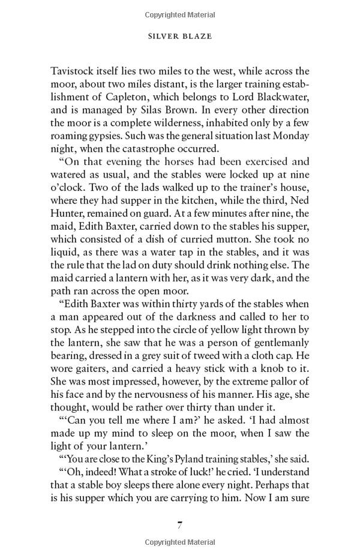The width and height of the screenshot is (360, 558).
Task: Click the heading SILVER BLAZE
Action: click(180, 36)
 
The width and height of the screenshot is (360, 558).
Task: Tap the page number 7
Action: click(179, 525)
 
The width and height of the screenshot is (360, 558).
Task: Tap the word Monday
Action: click(291, 136)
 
